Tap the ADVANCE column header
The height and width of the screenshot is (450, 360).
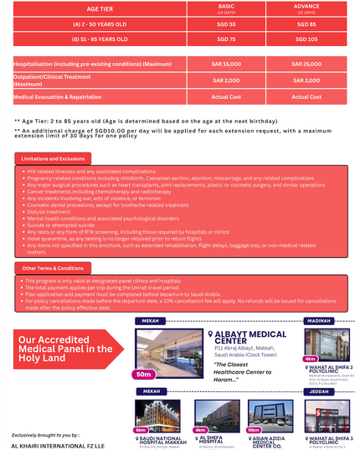tap(306, 8)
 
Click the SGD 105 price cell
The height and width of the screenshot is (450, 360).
tap(306, 39)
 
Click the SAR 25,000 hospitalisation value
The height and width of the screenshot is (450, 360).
tap(306, 64)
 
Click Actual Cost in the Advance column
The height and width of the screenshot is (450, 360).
tap(306, 96)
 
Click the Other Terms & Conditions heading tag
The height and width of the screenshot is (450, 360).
tap(53, 268)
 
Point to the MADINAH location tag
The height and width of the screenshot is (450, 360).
tap(320, 320)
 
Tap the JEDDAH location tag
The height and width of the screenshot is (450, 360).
tap(320, 391)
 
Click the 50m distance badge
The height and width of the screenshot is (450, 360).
tap(144, 374)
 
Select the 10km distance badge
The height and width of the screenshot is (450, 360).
tap(253, 430)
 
